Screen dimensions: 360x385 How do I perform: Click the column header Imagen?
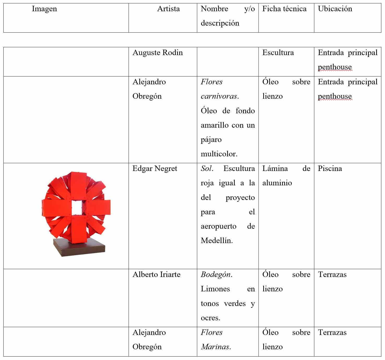tap(44, 9)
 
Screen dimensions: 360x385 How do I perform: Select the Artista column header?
tap(168, 9)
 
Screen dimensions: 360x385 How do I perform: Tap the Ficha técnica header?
tap(284, 9)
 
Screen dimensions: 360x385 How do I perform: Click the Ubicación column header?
tap(335, 9)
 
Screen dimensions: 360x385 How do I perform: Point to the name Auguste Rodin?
tap(158, 53)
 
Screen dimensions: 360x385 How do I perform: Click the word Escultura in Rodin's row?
tap(278, 53)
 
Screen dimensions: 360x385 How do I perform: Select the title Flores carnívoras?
tap(220, 89)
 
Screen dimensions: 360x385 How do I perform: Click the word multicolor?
tap(219, 154)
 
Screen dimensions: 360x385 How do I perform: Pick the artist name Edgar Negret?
tap(155, 169)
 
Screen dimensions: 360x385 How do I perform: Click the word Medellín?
tap(216, 241)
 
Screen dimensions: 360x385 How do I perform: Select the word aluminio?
tap(277, 183)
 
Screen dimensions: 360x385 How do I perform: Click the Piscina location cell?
tap(330, 169)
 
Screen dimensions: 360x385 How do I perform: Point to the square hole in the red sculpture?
tap(77, 208)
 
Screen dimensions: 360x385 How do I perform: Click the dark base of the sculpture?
tap(79, 247)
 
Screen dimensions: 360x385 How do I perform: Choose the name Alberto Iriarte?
tap(157, 275)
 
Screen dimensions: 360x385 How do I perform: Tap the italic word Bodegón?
tap(216, 275)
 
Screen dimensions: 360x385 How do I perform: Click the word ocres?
tap(210, 318)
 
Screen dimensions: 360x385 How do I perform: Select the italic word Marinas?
tap(216, 347)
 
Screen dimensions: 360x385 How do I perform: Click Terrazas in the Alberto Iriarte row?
tap(332, 275)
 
